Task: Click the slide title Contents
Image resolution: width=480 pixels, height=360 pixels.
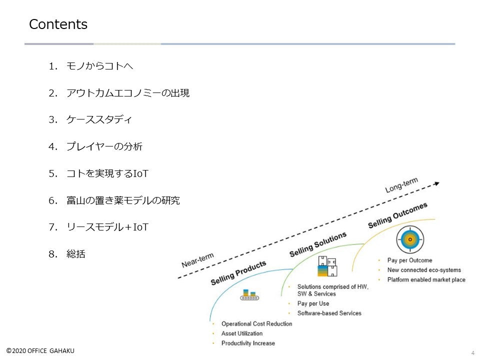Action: tap(58, 24)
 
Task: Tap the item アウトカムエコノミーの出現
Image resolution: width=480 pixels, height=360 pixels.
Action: tap(127, 93)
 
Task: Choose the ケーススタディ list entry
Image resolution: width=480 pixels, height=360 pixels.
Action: tap(99, 120)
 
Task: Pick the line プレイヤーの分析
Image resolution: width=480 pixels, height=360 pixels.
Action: tap(104, 147)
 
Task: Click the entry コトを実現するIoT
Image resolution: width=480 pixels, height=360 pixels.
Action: tap(107, 173)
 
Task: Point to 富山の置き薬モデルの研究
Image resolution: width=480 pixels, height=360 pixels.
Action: tap(122, 200)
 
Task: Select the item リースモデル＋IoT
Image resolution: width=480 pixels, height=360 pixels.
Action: tap(107, 227)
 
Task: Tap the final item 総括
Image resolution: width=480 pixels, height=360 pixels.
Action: tap(75, 254)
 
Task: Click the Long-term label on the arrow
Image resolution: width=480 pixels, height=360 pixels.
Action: tap(401, 185)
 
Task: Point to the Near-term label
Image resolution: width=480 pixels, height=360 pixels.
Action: tap(197, 260)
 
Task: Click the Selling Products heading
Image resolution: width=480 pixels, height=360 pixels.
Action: tap(238, 272)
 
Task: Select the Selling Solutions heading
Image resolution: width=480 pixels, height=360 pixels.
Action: tap(318, 244)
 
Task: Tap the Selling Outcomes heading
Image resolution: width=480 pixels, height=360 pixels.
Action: tap(397, 215)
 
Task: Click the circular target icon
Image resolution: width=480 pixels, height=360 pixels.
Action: tap(409, 240)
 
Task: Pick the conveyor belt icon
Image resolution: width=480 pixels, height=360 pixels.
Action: tap(249, 294)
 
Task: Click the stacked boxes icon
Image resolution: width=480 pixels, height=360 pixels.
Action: tap(327, 266)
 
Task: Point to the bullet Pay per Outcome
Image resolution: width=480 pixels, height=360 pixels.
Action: tap(409, 260)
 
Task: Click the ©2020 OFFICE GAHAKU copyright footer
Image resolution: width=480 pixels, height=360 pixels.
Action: tap(40, 350)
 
